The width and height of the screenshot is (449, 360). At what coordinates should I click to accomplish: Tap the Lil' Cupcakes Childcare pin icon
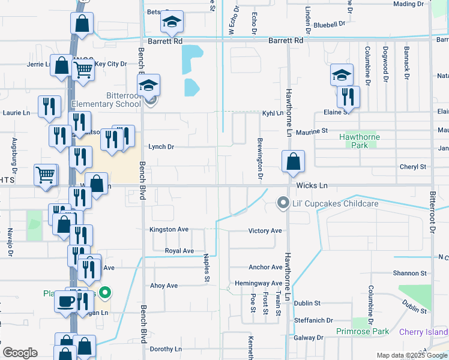pyautogui.click(x=283, y=203)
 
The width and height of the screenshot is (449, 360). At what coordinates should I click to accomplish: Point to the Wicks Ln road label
pyautogui.click(x=310, y=186)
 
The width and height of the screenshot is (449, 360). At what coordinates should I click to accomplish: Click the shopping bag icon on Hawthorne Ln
pyautogui.click(x=293, y=162)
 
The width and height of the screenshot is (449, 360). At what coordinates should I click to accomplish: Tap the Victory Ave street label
pyautogui.click(x=265, y=231)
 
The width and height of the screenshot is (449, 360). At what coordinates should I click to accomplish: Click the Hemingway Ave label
pyautogui.click(x=259, y=283)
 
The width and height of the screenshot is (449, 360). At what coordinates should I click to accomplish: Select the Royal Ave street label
pyautogui.click(x=179, y=251)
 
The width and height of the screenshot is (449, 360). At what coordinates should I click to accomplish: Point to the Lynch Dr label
pyautogui.click(x=161, y=147)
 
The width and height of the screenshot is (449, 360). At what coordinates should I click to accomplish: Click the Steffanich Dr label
pyautogui.click(x=313, y=320)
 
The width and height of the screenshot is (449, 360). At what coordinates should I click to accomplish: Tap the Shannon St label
pyautogui.click(x=410, y=273)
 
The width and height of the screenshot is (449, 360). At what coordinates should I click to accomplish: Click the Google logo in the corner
pyautogui.click(x=20, y=353)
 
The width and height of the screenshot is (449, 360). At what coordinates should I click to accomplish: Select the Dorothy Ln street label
pyautogui.click(x=166, y=349)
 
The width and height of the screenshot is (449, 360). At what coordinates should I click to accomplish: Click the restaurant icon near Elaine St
pyautogui.click(x=348, y=97)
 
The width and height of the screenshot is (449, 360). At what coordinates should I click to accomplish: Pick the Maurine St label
pyautogui.click(x=311, y=130)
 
